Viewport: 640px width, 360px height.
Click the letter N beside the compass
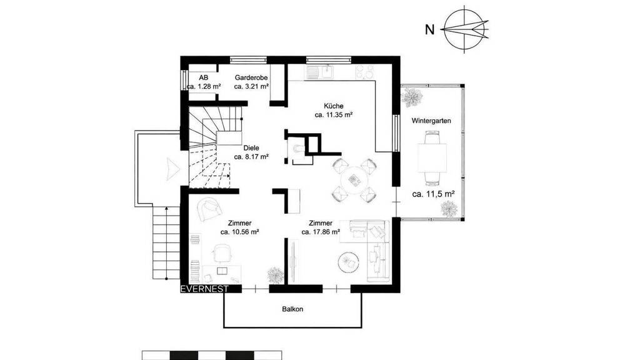(x=429, y=30)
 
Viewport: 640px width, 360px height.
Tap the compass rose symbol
(x=465, y=29)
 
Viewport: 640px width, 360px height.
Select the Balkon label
(x=292, y=309)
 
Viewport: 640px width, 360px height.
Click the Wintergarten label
(x=431, y=121)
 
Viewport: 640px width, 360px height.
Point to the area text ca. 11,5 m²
(x=434, y=194)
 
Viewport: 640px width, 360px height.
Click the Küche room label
(x=334, y=106)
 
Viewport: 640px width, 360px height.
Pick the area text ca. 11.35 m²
(x=334, y=115)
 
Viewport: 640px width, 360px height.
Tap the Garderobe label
(x=251, y=77)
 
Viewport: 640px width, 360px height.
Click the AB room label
(x=204, y=77)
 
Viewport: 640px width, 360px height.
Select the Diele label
(x=251, y=148)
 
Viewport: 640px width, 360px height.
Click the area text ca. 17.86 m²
(x=321, y=232)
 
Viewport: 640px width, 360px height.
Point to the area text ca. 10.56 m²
(x=240, y=232)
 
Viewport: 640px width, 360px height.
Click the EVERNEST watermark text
(x=204, y=289)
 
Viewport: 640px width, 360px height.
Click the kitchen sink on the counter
(x=326, y=72)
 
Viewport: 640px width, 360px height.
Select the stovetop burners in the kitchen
(x=365, y=72)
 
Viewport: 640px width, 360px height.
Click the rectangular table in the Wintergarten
(x=432, y=157)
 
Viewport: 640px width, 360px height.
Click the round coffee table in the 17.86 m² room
(x=348, y=261)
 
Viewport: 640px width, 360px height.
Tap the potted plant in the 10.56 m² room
(x=275, y=275)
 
